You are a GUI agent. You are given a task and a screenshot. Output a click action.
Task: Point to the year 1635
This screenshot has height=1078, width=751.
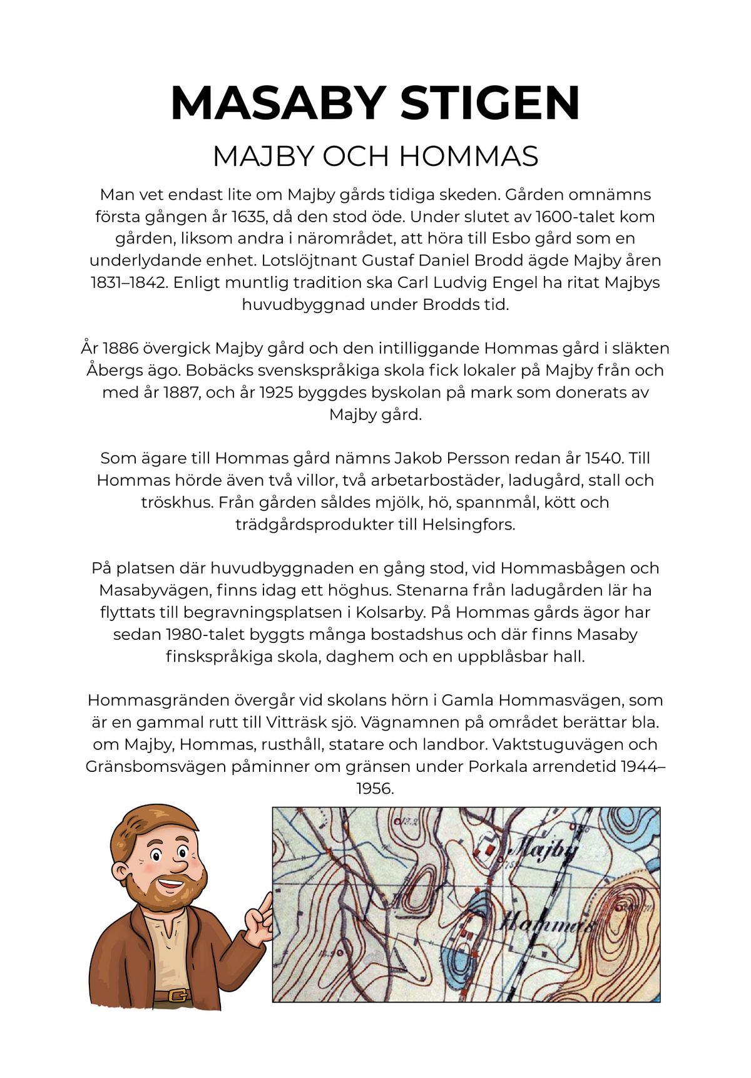248,217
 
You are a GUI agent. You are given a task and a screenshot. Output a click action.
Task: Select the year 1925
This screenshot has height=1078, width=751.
276,393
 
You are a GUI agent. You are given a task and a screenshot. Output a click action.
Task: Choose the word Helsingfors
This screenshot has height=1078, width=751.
469,524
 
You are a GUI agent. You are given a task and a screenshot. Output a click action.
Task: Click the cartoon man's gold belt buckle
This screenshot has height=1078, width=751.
178,995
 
